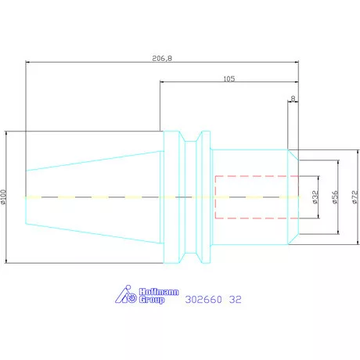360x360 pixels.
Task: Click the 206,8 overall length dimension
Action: point(162,58)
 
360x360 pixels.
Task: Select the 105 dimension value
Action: point(229,78)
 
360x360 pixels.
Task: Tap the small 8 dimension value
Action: point(293,99)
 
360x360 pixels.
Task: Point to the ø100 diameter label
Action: point(3,197)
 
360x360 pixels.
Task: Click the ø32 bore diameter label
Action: point(315,197)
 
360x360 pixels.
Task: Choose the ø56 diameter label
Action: point(335,197)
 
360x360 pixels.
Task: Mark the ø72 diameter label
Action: point(355,197)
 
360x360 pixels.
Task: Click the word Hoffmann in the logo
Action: point(159,292)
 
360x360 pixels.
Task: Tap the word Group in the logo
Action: point(152,300)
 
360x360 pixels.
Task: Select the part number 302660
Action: point(203,300)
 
